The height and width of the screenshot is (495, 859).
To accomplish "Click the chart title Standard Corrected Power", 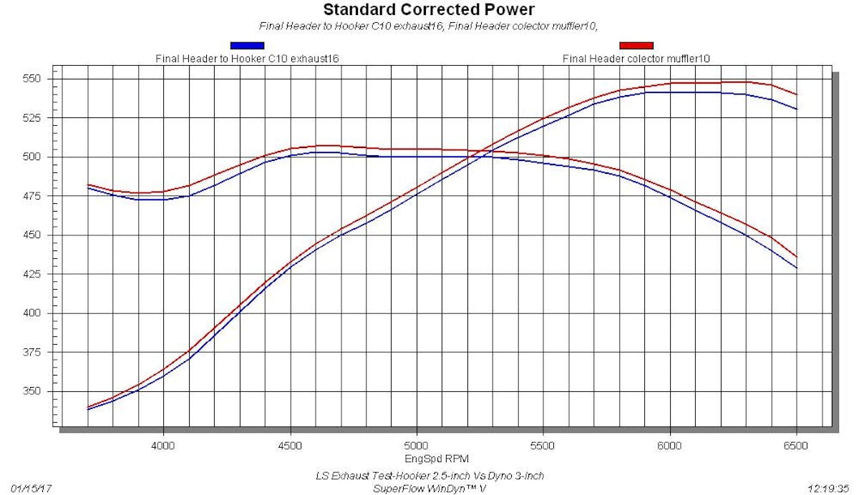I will (429, 10).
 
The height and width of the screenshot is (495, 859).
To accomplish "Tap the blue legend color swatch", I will (247, 46).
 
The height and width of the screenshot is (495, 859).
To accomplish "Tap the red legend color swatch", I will (636, 46).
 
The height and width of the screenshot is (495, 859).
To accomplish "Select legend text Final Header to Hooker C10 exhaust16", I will (247, 58).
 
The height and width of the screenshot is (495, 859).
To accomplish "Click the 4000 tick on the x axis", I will (163, 445).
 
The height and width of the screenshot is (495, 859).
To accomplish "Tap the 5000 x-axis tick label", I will (416, 445).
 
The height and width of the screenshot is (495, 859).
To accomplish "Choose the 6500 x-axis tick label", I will (795, 445).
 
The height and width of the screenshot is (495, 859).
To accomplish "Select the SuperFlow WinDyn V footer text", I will (429, 489).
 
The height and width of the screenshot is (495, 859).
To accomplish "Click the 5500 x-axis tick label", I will (543, 445).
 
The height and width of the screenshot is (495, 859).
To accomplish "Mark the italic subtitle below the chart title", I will (429, 27).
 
